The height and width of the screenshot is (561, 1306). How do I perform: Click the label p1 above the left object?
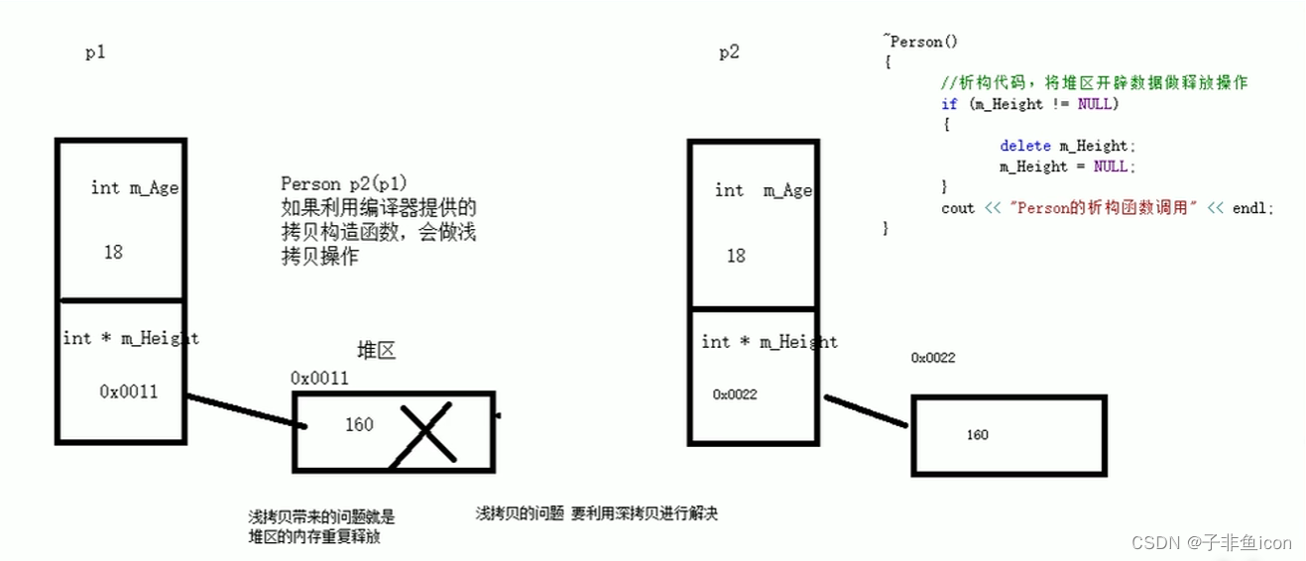point(95,54)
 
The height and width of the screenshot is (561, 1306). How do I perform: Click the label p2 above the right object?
point(729,54)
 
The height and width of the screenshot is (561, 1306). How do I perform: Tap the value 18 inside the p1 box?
point(113,252)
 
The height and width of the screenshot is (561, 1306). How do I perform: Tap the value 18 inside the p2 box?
point(735,256)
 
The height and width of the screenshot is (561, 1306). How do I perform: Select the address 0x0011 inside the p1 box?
point(128,392)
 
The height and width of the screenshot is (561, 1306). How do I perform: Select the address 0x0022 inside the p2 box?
point(735,394)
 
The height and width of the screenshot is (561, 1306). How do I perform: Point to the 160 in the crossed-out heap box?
point(359,425)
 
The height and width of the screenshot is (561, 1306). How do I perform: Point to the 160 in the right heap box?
point(977,435)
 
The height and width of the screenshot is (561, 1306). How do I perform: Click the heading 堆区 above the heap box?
point(376,351)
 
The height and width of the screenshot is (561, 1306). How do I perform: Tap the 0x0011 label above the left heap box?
point(319,378)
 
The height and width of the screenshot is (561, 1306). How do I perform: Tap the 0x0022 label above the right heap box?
point(933,358)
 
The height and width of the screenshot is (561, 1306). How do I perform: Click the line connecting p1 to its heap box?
point(243,411)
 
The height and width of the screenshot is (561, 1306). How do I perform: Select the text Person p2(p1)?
point(344,183)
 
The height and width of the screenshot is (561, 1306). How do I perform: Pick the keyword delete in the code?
point(1024,146)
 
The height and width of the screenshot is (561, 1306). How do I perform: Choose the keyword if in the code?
point(949,104)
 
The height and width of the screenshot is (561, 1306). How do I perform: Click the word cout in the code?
point(958,208)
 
